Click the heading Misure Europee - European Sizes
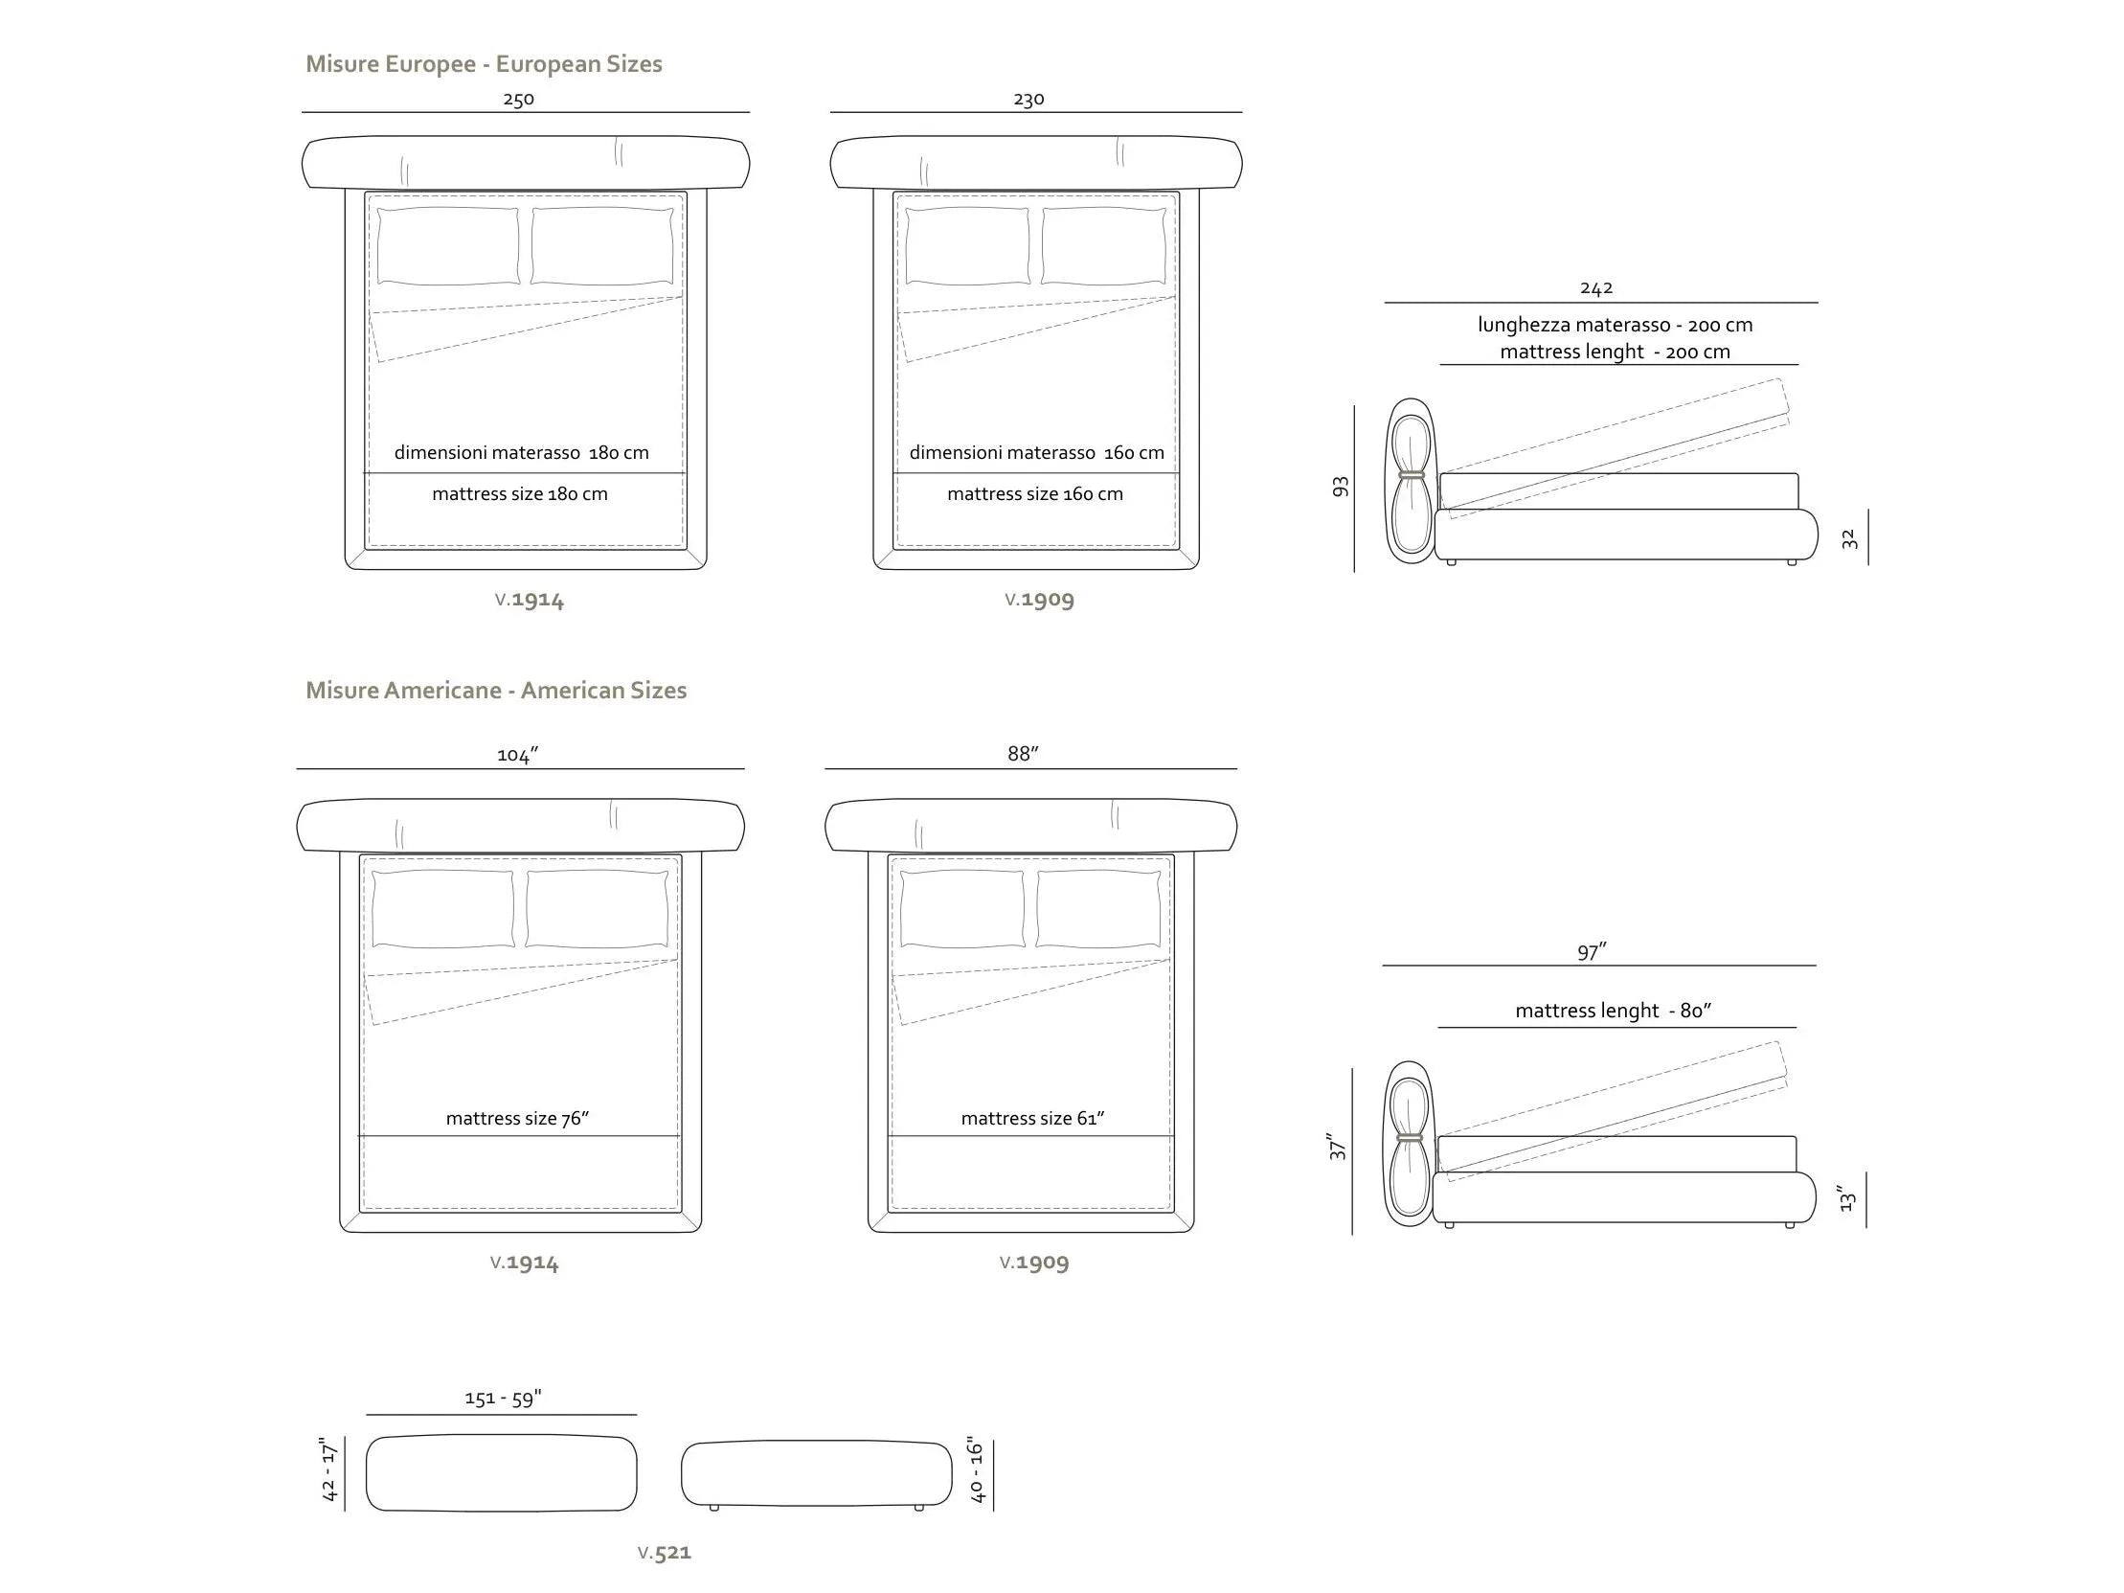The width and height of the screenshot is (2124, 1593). pos(484,64)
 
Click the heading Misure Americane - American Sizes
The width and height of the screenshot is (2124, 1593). pos(496,691)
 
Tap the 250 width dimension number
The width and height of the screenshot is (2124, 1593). pos(518,99)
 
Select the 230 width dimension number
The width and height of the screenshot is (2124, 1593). pos(1028,99)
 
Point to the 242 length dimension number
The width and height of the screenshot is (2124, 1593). pos(1596,288)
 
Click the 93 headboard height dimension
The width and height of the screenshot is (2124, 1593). pos(1341,487)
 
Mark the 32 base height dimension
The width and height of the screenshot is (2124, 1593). pos(1849,539)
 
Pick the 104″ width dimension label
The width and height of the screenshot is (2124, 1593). pos(517,756)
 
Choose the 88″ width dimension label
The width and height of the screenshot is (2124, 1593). pos(1024,754)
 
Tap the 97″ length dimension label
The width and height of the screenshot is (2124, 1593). pos(1592,952)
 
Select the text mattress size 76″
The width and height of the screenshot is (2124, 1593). pos(517,1119)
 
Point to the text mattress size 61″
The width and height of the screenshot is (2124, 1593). pos(1033,1119)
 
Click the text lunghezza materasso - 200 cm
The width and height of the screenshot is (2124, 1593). pos(1616,326)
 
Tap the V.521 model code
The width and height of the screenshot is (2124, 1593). pos(665,1553)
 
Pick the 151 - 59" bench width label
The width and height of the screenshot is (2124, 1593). pos(503,1399)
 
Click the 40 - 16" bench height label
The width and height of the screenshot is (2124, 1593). pos(977,1470)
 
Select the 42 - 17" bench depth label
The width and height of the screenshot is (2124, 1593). pos(329,1470)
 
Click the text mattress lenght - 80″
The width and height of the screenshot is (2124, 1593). pos(1615,1012)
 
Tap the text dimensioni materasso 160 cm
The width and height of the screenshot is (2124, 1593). pos(1037,453)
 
